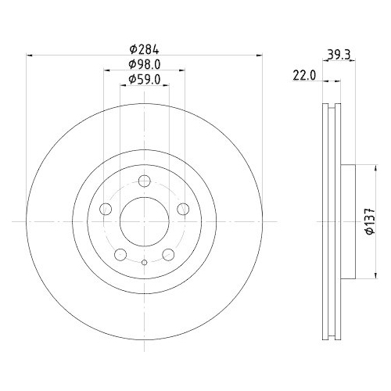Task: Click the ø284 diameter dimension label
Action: click(x=144, y=48)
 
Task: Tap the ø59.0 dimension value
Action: click(x=144, y=79)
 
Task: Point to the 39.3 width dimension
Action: click(x=337, y=54)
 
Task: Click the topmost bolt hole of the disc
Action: click(x=145, y=182)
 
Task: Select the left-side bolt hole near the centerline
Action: click(x=106, y=210)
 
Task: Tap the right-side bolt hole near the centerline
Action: click(x=183, y=209)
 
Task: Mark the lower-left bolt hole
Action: click(x=120, y=255)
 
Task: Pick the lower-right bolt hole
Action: click(x=169, y=255)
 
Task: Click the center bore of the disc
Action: click(x=145, y=222)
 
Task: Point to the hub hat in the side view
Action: click(x=349, y=222)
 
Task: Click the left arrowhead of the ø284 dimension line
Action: click(x=30, y=56)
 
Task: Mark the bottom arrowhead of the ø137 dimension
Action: click(x=362, y=278)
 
